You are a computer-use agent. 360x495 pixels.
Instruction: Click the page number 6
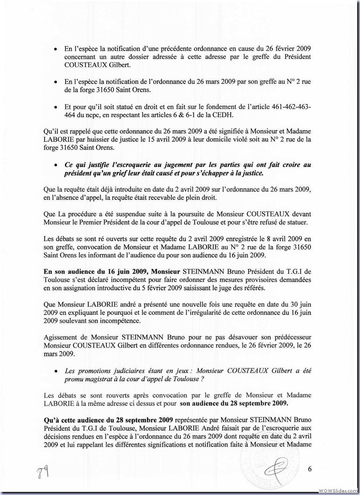click(x=310, y=469)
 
